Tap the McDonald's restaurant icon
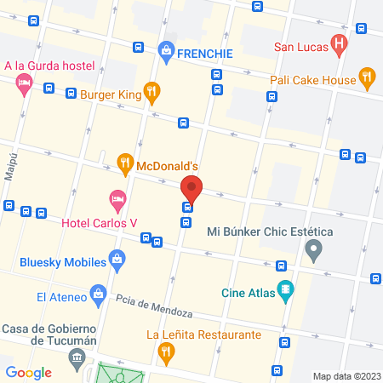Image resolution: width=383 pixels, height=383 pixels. pos(124,162)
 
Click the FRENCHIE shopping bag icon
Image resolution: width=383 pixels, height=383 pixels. pos(165,51)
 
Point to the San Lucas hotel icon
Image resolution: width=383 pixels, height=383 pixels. pos(339,43)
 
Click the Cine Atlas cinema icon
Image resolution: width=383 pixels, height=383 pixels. pos(285,289)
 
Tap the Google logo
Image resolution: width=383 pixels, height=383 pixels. pos(28,372)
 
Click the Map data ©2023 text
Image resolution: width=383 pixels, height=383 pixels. pos(345,376)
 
